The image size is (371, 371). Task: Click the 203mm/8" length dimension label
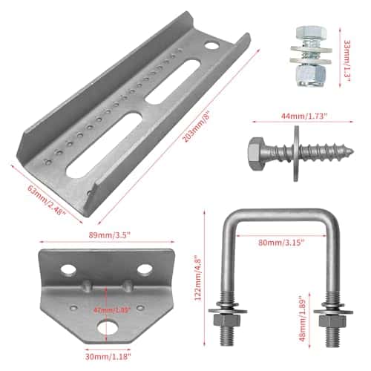point(196,128)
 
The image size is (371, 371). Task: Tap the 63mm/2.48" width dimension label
point(47,200)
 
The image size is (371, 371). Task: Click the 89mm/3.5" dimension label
point(109,235)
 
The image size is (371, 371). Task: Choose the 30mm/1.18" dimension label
point(108,356)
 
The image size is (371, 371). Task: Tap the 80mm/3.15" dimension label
point(280,243)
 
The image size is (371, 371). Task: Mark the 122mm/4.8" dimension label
point(198,278)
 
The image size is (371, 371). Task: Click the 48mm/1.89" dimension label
point(303,318)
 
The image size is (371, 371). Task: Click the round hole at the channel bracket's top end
point(211,46)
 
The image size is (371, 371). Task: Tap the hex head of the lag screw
point(257,154)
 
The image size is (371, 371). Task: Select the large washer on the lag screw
point(296,154)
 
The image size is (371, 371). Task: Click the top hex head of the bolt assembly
point(312,33)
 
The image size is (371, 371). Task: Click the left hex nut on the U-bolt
point(227,321)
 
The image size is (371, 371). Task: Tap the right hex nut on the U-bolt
point(332,321)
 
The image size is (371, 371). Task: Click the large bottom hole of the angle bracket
point(108,328)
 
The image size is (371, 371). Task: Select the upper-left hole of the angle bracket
point(68,269)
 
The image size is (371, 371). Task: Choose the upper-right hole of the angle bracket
point(145,269)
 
